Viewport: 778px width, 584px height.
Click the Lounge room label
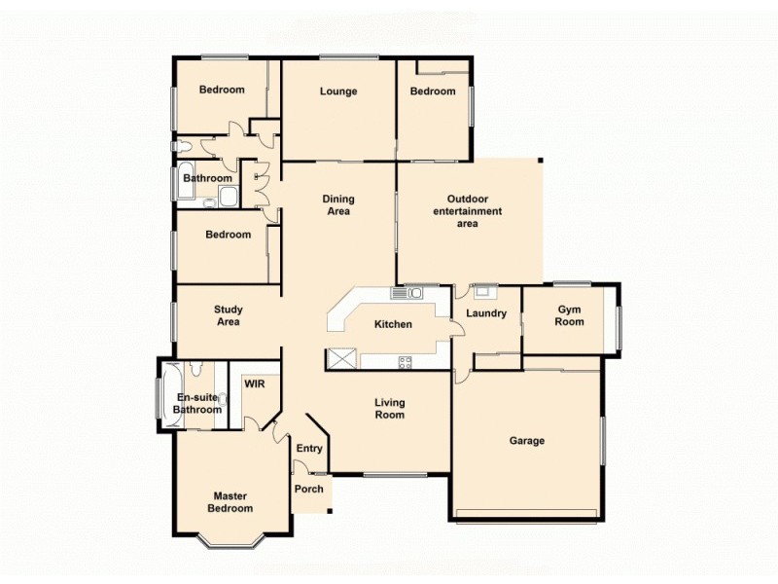pyautogui.click(x=338, y=91)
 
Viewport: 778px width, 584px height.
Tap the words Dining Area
pyautogui.click(x=337, y=205)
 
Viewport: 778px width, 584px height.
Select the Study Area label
pyautogui.click(x=228, y=315)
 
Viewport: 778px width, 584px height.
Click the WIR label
pyautogui.click(x=255, y=384)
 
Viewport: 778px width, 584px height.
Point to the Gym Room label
pyautogui.click(x=570, y=315)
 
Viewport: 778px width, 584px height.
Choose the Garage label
pyautogui.click(x=527, y=441)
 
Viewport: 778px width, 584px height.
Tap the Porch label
pyautogui.click(x=309, y=489)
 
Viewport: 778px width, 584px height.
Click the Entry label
pyautogui.click(x=309, y=449)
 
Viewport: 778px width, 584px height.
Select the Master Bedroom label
pyautogui.click(x=230, y=502)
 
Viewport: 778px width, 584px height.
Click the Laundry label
pyautogui.click(x=486, y=313)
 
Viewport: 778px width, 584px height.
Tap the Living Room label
pyautogui.click(x=390, y=409)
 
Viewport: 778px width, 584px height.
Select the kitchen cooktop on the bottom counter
pyautogui.click(x=405, y=362)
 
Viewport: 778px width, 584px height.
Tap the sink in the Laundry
pyautogui.click(x=483, y=289)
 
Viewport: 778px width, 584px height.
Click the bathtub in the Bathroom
pyautogui.click(x=185, y=181)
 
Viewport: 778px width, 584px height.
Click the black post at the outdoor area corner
pyautogui.click(x=541, y=161)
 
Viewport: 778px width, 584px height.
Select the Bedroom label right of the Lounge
pyautogui.click(x=432, y=91)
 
